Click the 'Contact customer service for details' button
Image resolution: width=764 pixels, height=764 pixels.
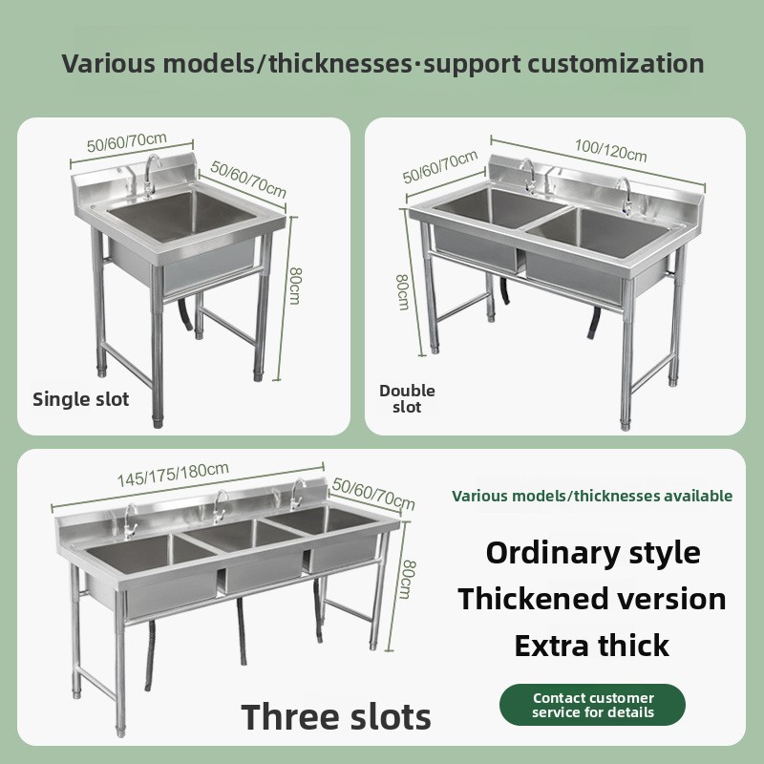(x=592, y=705)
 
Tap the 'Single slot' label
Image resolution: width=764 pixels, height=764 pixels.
(x=81, y=399)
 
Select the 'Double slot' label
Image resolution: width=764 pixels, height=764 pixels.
(x=407, y=398)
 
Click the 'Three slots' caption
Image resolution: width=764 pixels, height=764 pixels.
(x=336, y=717)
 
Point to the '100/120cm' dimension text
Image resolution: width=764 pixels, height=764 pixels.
(x=610, y=151)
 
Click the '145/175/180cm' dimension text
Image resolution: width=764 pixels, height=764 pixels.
(x=173, y=474)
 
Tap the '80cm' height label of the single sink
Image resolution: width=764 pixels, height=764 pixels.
(x=295, y=286)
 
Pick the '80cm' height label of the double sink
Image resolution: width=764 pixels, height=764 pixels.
(x=402, y=292)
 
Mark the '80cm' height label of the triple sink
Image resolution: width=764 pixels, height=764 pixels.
(x=407, y=579)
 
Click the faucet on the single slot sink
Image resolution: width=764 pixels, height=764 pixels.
(x=150, y=176)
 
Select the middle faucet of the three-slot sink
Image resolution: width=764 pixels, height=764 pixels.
(x=219, y=507)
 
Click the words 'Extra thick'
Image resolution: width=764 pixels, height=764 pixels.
(x=591, y=646)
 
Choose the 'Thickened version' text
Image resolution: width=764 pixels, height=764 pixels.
(x=592, y=599)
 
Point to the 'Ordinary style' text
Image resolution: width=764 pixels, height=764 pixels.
(x=593, y=553)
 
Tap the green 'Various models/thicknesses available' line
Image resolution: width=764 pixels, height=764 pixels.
(x=592, y=496)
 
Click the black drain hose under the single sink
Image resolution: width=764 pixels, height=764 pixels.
(x=185, y=314)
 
